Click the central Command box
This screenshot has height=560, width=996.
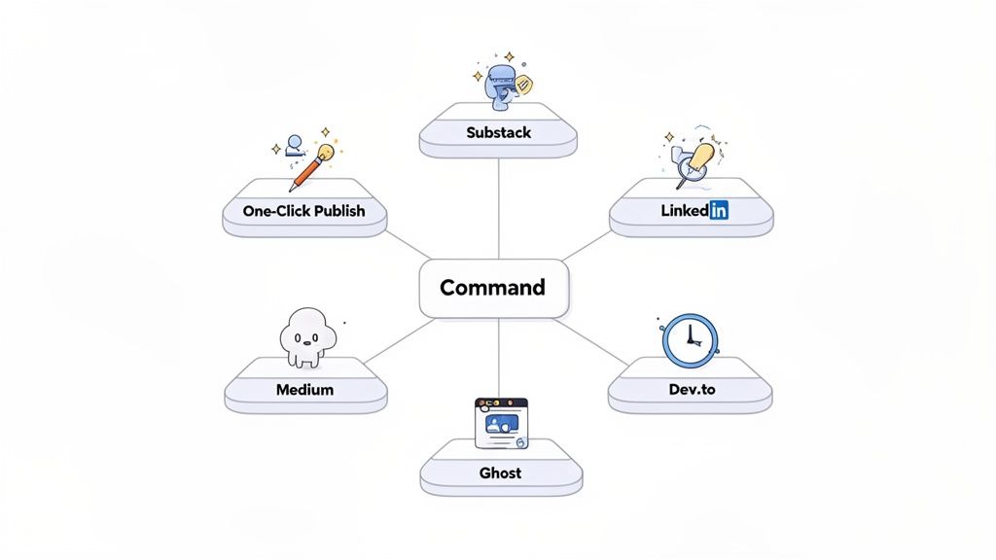(493, 288)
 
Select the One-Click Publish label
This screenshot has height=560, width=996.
(304, 210)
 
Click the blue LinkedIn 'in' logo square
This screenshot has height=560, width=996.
(719, 210)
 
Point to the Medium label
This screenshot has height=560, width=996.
(304, 389)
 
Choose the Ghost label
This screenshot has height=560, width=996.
(500, 472)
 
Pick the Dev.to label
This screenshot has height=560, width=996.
(691, 389)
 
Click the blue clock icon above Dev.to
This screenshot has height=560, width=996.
(690, 339)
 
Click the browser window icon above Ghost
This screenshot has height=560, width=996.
(500, 422)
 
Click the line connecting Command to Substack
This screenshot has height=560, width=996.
(498, 209)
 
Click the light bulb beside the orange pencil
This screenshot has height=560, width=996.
(326, 153)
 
